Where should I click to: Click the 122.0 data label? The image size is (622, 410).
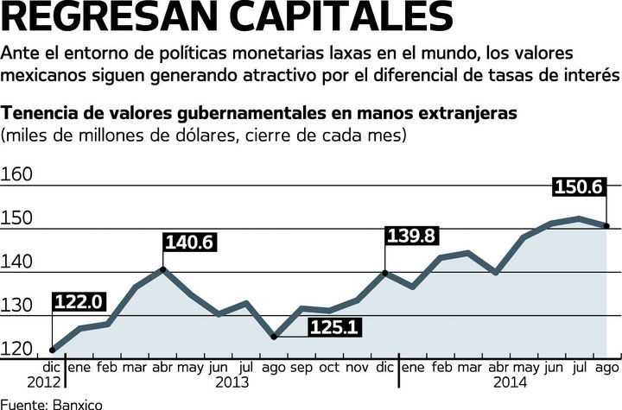[79, 302]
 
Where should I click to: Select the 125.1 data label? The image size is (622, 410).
[333, 328]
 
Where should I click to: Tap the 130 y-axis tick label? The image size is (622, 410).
[17, 306]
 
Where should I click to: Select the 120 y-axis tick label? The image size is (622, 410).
[17, 350]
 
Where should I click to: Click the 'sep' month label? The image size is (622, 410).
[301, 367]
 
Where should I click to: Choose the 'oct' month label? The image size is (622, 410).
[330, 367]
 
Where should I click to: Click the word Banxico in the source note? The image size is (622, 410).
[76, 403]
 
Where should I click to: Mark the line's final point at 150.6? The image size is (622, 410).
[607, 226]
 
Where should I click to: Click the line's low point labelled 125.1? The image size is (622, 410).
[274, 337]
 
